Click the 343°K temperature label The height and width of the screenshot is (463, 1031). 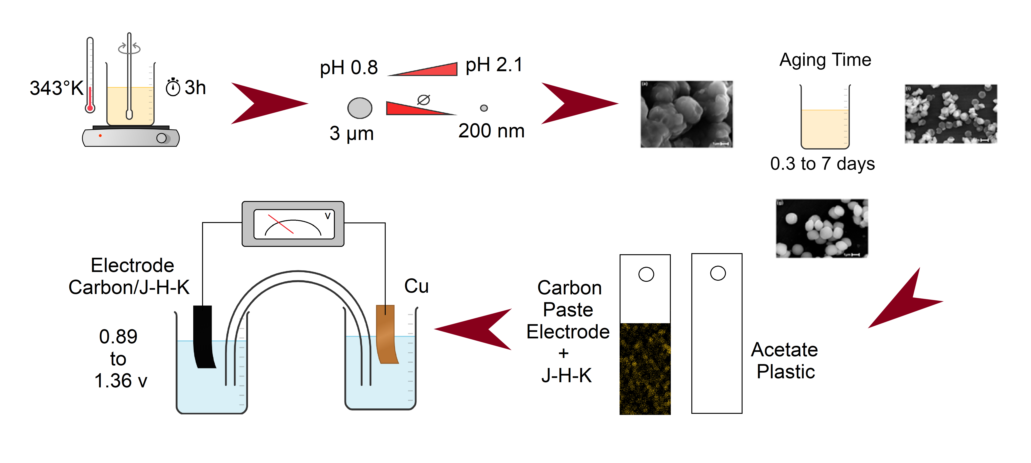[x=56, y=88]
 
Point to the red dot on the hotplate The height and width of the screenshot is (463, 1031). [x=100, y=136]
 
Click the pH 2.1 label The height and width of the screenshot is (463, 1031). [x=494, y=65]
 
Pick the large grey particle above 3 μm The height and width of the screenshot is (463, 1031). [x=360, y=108]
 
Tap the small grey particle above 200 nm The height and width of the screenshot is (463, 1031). [x=484, y=108]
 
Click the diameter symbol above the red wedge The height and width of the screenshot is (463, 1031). [x=423, y=100]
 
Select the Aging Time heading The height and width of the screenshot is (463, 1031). [x=825, y=60]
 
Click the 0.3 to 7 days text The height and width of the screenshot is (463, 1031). [x=822, y=164]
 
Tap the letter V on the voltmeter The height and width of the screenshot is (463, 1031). [x=327, y=216]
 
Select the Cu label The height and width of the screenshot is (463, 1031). [x=416, y=286]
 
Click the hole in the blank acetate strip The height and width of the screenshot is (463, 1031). [x=718, y=273]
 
